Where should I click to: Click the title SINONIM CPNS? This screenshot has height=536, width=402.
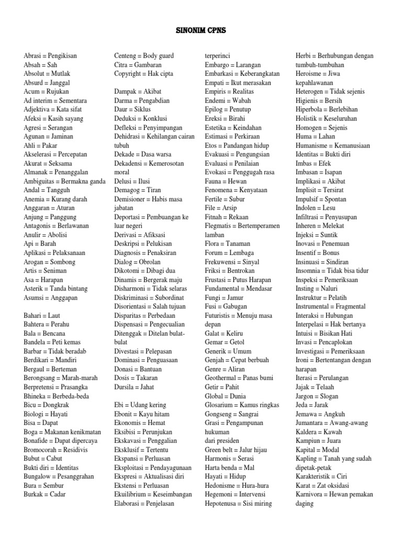click(200, 31)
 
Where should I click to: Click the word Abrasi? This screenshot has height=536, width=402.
click(33, 55)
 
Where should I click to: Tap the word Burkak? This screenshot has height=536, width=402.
click(34, 495)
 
